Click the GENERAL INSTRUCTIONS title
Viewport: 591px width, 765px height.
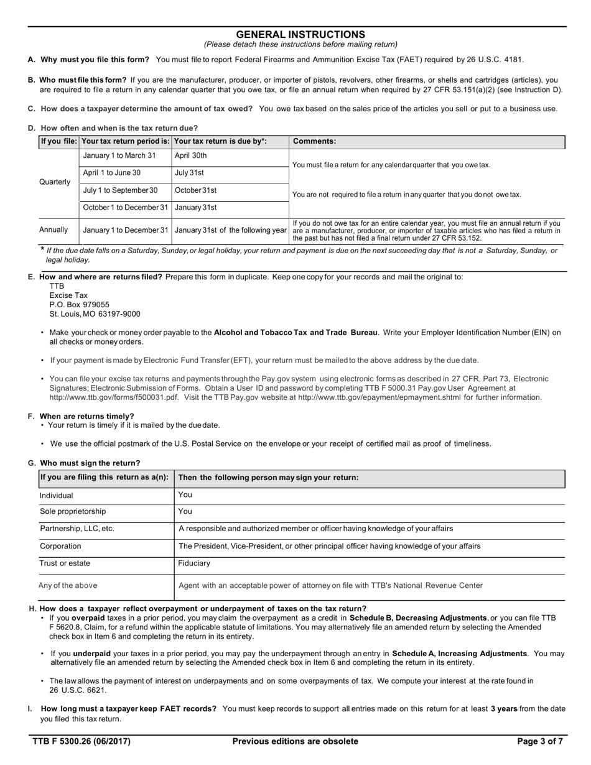tap(300, 35)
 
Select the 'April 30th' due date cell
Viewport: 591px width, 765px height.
tap(190, 155)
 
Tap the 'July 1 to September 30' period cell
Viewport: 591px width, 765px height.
tap(120, 190)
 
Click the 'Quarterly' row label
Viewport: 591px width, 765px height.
tap(55, 182)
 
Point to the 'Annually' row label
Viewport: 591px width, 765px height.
tap(54, 229)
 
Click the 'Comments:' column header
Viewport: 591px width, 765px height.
tap(314, 141)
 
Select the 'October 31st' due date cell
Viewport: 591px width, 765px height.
tap(195, 190)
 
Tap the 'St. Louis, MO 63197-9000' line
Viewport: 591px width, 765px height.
tap(95, 314)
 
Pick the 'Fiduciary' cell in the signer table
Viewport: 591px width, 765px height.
tap(194, 563)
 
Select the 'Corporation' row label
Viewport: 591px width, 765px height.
tap(60, 546)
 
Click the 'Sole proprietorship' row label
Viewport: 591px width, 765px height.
tap(73, 511)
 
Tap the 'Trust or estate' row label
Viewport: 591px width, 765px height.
tap(65, 563)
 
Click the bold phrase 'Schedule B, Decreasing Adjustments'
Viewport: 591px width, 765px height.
tap(418, 618)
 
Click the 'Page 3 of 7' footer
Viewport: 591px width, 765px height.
tap(540, 741)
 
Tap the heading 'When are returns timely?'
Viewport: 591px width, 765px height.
tap(86, 416)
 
